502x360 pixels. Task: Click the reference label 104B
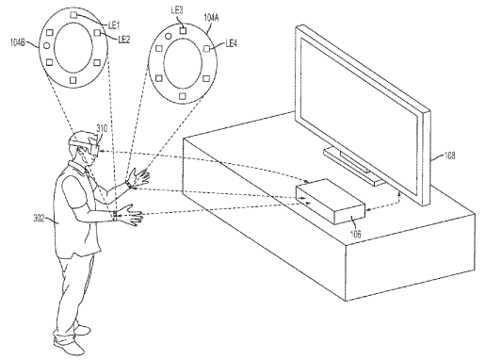pos(18,42)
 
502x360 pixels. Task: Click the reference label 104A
pos(211,17)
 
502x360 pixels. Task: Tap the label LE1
pos(114,25)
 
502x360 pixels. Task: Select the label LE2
pos(124,40)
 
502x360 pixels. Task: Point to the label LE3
pos(177,10)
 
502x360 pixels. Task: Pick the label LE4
pos(231,43)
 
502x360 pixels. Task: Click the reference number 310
pos(102,128)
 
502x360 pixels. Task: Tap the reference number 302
pos(39,219)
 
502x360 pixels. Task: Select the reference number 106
pos(355,234)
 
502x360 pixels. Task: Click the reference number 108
pos(450,156)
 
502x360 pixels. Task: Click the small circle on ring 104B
pos(46,46)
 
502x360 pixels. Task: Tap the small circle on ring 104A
pos(168,36)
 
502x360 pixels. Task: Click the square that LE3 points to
pos(183,31)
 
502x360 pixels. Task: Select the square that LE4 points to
pos(207,49)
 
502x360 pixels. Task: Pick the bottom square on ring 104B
pos(73,80)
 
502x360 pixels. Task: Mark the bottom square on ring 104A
pos(183,96)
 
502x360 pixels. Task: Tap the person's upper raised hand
pos(138,177)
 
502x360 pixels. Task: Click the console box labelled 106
pos(330,201)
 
